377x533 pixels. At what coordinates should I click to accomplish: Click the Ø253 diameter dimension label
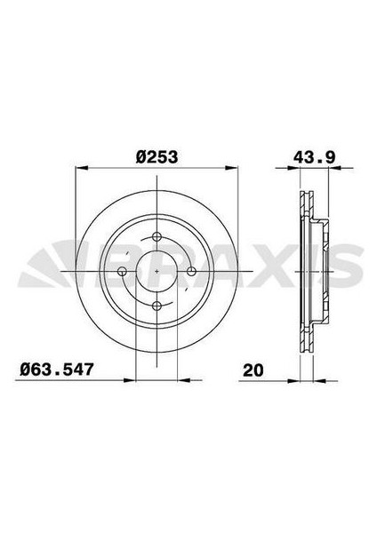click(157, 157)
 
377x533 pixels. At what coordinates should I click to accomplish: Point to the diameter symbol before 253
click(141, 157)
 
